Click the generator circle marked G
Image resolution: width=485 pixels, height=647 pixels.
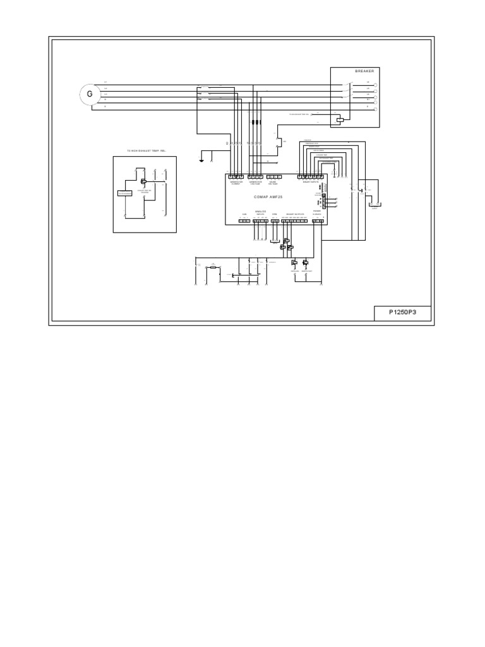[x=90, y=95]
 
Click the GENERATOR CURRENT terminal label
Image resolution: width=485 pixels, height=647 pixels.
[x=236, y=183]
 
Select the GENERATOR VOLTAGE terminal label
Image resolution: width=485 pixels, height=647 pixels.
[x=255, y=183]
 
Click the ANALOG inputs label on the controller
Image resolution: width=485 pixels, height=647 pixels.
[x=260, y=212]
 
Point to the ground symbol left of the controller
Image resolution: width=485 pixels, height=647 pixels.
[x=201, y=159]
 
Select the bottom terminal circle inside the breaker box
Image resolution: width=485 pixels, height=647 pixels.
[x=376, y=109]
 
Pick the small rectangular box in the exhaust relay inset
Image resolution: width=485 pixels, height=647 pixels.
[x=124, y=193]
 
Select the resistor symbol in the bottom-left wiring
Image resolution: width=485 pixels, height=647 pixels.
[x=213, y=268]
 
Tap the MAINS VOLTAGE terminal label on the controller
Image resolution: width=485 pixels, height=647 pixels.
[x=273, y=183]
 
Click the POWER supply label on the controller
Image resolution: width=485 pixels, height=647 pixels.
[x=316, y=212]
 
